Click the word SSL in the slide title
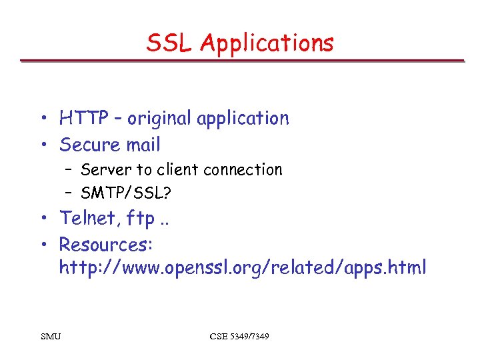point(171,43)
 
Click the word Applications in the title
point(267,44)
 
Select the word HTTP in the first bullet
point(83,119)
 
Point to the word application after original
point(243,119)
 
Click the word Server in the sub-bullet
point(107,170)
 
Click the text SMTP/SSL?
point(125,193)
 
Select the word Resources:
point(107,244)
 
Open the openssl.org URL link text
point(243,268)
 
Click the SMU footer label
point(50,336)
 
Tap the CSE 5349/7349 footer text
point(239,336)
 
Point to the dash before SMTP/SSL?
point(69,194)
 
